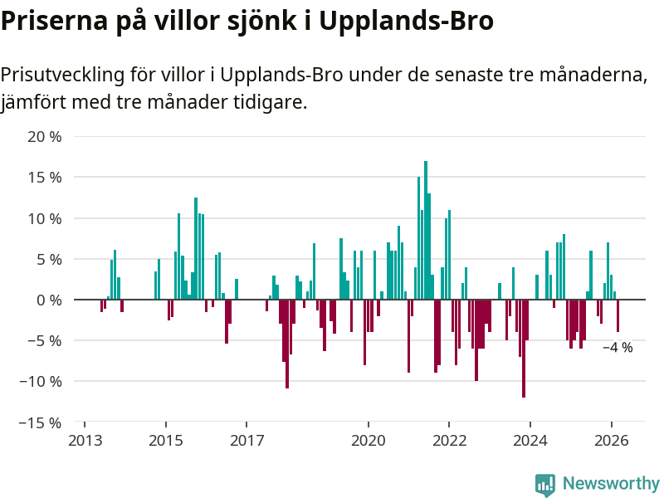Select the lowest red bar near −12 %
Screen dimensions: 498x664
pyautogui.click(x=524, y=349)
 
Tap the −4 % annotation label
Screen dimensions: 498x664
pyautogui.click(x=618, y=348)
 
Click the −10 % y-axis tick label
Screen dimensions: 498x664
pyautogui.click(x=41, y=382)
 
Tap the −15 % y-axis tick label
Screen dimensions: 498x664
pyautogui.click(x=41, y=422)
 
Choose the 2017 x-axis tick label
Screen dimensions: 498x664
pyautogui.click(x=247, y=441)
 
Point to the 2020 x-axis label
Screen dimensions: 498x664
pyautogui.click(x=369, y=441)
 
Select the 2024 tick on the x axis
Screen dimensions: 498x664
pyautogui.click(x=530, y=441)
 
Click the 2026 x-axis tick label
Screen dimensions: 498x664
pyautogui.click(x=612, y=441)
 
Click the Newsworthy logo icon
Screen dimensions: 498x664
pyautogui.click(x=545, y=485)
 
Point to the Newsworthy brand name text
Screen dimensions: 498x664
pyautogui.click(x=611, y=484)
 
